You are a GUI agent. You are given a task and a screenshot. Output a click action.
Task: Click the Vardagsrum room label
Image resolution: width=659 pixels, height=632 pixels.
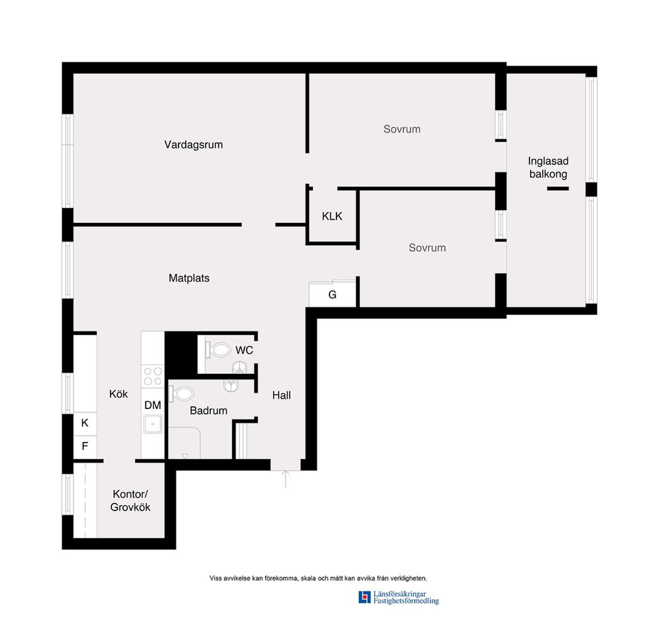(x=194, y=145)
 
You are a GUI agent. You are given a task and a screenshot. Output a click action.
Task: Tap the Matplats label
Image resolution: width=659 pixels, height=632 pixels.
(x=189, y=278)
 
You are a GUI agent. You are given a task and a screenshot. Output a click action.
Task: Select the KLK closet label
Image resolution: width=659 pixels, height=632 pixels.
(x=332, y=216)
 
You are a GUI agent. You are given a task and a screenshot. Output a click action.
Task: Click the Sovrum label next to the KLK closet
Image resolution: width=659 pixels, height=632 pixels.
(x=427, y=248)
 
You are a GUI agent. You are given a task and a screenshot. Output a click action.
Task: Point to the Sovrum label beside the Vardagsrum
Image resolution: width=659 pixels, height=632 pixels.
(x=402, y=129)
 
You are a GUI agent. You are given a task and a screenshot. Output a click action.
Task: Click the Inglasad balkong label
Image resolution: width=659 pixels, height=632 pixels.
(x=548, y=167)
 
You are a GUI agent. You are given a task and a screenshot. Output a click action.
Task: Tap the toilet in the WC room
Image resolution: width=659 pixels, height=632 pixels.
(x=218, y=349)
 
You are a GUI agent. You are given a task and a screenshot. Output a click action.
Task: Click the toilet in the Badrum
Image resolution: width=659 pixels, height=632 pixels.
(x=181, y=394)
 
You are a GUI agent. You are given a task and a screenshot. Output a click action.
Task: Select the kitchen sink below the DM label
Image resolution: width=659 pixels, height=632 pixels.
(x=152, y=424)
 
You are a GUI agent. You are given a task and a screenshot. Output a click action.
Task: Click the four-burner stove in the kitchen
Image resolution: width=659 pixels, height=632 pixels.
(x=152, y=375)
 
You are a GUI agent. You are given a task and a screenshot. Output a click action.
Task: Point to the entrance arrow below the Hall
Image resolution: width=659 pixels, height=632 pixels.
(x=286, y=479)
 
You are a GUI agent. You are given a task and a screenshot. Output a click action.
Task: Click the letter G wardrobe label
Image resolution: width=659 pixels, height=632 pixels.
(x=332, y=295)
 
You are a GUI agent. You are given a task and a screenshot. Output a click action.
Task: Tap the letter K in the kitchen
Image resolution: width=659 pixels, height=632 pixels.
(x=85, y=423)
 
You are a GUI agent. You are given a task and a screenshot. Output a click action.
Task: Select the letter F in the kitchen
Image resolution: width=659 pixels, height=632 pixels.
(x=85, y=446)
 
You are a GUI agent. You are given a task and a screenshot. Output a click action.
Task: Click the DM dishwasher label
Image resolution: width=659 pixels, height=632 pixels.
(x=152, y=405)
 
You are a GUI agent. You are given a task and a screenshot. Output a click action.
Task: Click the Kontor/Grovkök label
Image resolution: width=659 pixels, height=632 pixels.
(x=130, y=500)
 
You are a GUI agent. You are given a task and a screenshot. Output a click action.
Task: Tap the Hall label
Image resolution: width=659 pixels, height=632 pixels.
(x=281, y=395)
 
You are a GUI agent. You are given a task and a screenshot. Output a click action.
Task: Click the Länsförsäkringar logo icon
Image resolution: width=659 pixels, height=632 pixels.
(x=365, y=597)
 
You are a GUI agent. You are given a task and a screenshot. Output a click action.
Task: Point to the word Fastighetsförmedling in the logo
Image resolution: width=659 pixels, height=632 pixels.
(x=406, y=601)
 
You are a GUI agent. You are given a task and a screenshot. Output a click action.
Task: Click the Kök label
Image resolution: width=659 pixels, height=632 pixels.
(x=119, y=394)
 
